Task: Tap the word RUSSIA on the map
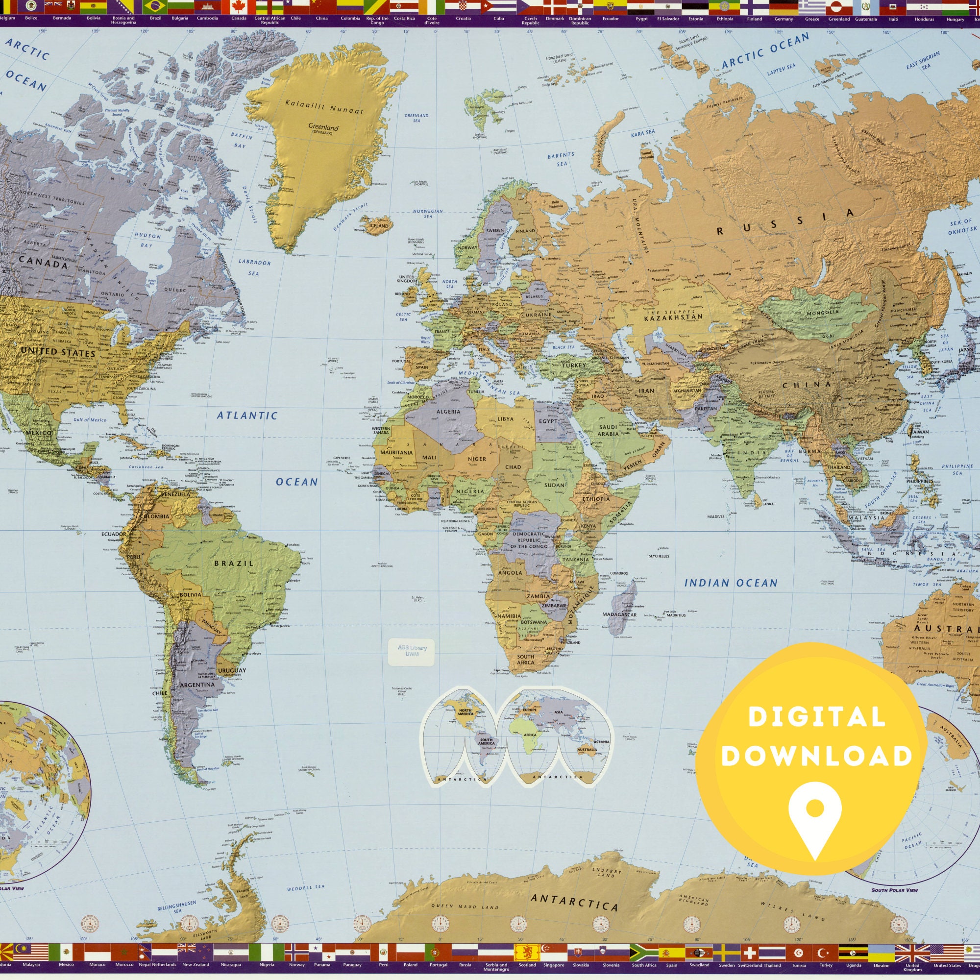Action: point(785,222)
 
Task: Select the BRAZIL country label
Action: point(234,563)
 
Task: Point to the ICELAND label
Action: point(378,225)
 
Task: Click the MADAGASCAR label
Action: point(619,614)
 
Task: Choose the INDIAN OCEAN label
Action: point(731,583)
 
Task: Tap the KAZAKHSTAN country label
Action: point(673,317)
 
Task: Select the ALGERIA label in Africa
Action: point(448,412)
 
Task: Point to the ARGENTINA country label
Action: point(197,684)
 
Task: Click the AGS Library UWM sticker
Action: point(412,651)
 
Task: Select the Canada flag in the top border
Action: point(239,6)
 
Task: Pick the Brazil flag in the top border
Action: point(156,6)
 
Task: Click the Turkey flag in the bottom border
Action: point(826,952)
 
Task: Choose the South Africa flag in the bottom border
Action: point(644,952)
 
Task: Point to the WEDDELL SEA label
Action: point(305,888)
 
